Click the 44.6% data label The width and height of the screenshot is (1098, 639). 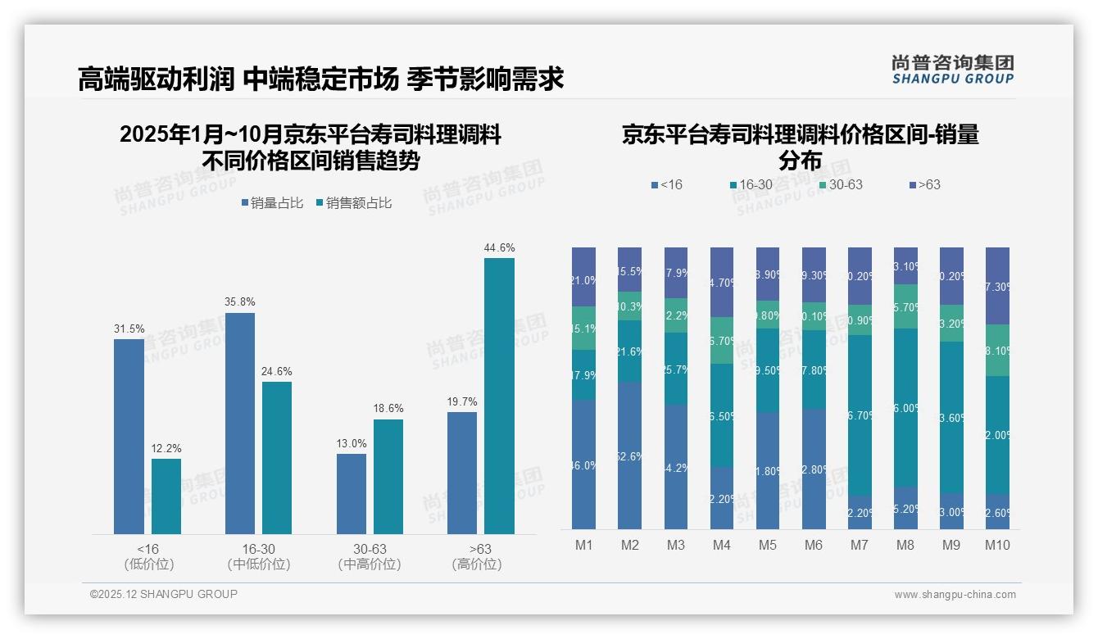point(499,248)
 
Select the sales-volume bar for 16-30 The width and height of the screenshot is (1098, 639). point(239,423)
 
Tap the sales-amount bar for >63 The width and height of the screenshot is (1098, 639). point(499,396)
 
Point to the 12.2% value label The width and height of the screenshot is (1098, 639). point(166,449)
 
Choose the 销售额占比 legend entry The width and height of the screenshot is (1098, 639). point(353,203)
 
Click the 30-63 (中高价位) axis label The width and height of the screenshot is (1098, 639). point(369,556)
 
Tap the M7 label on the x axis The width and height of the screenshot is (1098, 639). point(860,546)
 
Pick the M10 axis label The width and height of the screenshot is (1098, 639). point(996,546)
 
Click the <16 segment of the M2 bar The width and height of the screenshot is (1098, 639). point(629,455)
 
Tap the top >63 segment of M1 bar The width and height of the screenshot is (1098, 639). point(583,277)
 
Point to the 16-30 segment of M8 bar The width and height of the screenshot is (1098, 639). point(905,408)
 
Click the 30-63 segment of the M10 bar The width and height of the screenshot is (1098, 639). point(997,351)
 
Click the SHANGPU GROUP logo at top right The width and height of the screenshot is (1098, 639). point(952,70)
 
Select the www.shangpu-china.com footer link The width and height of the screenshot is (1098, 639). point(955,595)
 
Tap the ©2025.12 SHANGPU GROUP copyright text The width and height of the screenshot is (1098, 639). point(164,595)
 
